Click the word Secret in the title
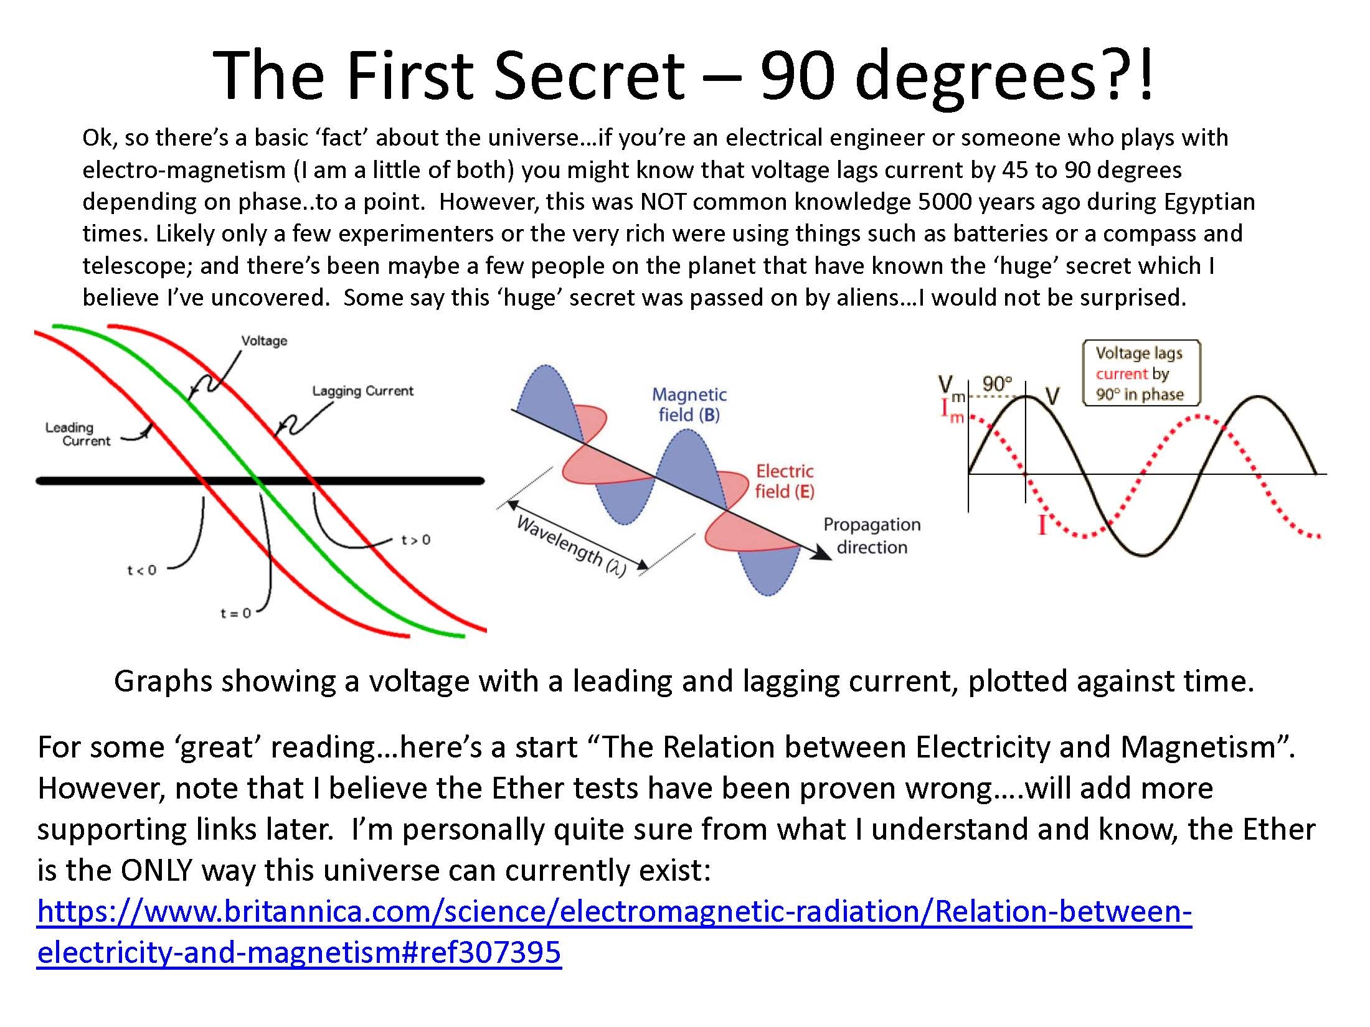[x=590, y=75]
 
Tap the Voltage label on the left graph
[x=264, y=340]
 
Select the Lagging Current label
[x=362, y=391]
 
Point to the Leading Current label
[x=78, y=434]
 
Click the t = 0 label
[x=235, y=613]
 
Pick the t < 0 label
[x=142, y=570]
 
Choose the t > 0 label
[x=415, y=540]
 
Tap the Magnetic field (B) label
[x=689, y=405]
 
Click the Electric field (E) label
[x=785, y=481]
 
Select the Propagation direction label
[x=872, y=536]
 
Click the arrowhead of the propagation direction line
[x=823, y=555]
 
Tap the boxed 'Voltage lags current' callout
[x=1141, y=373]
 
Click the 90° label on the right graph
[x=998, y=384]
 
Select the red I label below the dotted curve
[x=1042, y=525]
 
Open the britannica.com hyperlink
[x=615, y=932]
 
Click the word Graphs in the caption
[x=163, y=681]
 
